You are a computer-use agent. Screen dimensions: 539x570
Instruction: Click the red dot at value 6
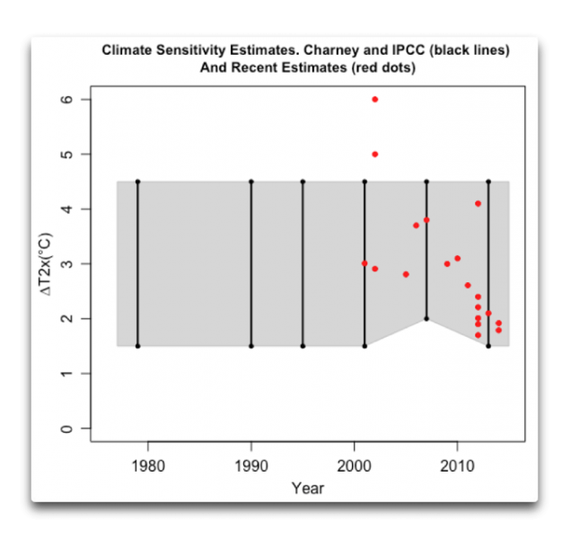pos(374,99)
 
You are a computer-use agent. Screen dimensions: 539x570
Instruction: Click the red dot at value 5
pos(374,155)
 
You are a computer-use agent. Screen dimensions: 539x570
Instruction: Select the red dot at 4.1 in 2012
pos(478,204)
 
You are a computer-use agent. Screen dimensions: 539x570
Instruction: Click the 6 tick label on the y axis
pos(64,100)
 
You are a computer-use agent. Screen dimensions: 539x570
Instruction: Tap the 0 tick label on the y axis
pos(64,429)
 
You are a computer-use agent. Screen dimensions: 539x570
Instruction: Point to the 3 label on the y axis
pos(64,264)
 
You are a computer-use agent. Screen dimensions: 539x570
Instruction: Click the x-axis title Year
pos(307,489)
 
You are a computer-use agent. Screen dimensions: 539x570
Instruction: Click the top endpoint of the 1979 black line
pos(137,181)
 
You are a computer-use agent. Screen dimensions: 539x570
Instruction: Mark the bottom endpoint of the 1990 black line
pos(251,346)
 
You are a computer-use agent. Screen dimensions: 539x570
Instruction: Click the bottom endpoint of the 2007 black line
pos(426,319)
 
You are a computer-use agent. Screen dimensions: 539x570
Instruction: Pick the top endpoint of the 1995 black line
pos(303,181)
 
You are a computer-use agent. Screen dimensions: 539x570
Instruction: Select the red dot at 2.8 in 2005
pos(406,274)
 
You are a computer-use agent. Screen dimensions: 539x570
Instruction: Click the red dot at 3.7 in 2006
pos(416,225)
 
